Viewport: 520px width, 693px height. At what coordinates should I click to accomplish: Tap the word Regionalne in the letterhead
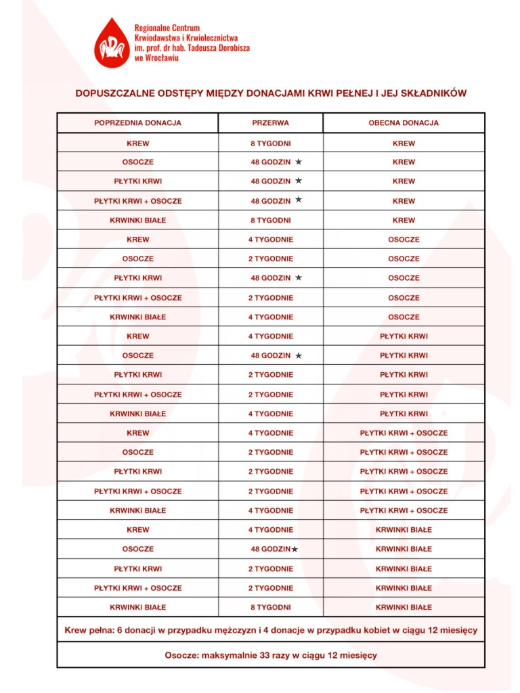click(x=152, y=28)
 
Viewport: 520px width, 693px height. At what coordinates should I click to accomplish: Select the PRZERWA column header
click(x=270, y=123)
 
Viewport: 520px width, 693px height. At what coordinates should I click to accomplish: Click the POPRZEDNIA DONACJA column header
click(x=137, y=123)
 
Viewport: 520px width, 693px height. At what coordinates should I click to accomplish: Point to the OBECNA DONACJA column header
click(x=404, y=123)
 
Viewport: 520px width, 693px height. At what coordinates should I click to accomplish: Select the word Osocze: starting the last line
click(x=182, y=655)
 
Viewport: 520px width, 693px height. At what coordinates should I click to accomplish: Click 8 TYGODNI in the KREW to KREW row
click(x=270, y=143)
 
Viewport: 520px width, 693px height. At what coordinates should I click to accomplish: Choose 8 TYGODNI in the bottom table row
click(x=270, y=607)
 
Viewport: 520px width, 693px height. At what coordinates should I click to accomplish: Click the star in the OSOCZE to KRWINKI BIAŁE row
click(x=295, y=550)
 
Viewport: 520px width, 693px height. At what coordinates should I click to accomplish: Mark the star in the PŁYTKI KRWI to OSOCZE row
click(x=298, y=277)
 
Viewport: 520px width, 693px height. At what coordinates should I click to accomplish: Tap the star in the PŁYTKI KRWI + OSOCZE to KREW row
click(x=298, y=200)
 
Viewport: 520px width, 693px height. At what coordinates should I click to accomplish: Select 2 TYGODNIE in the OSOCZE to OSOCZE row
click(x=270, y=259)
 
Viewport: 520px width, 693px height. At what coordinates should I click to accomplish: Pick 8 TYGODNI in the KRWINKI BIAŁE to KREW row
click(x=270, y=220)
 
